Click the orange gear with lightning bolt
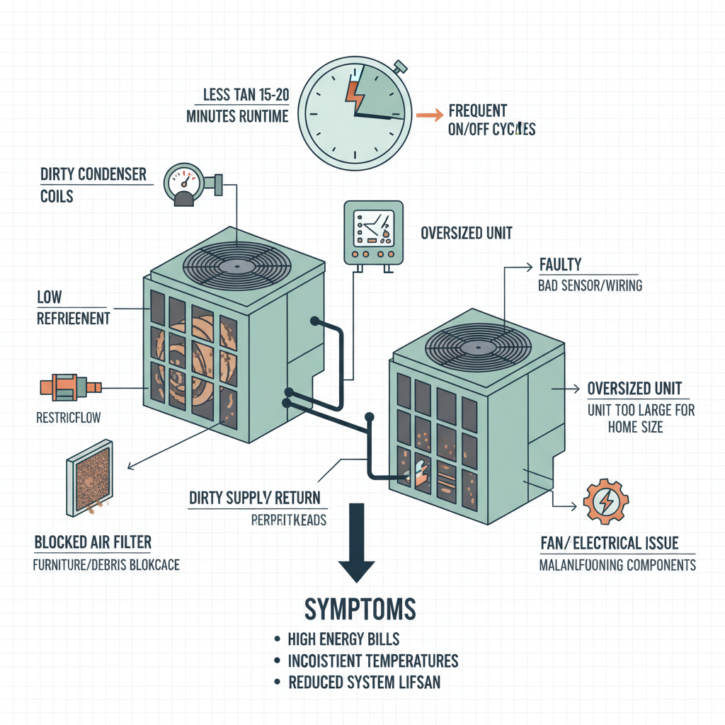607,501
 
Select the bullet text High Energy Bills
343,639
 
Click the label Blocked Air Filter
93,543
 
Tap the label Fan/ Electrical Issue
609,543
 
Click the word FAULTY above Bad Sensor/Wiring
560,265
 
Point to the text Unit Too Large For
641,410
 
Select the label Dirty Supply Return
254,498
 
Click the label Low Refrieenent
73,309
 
